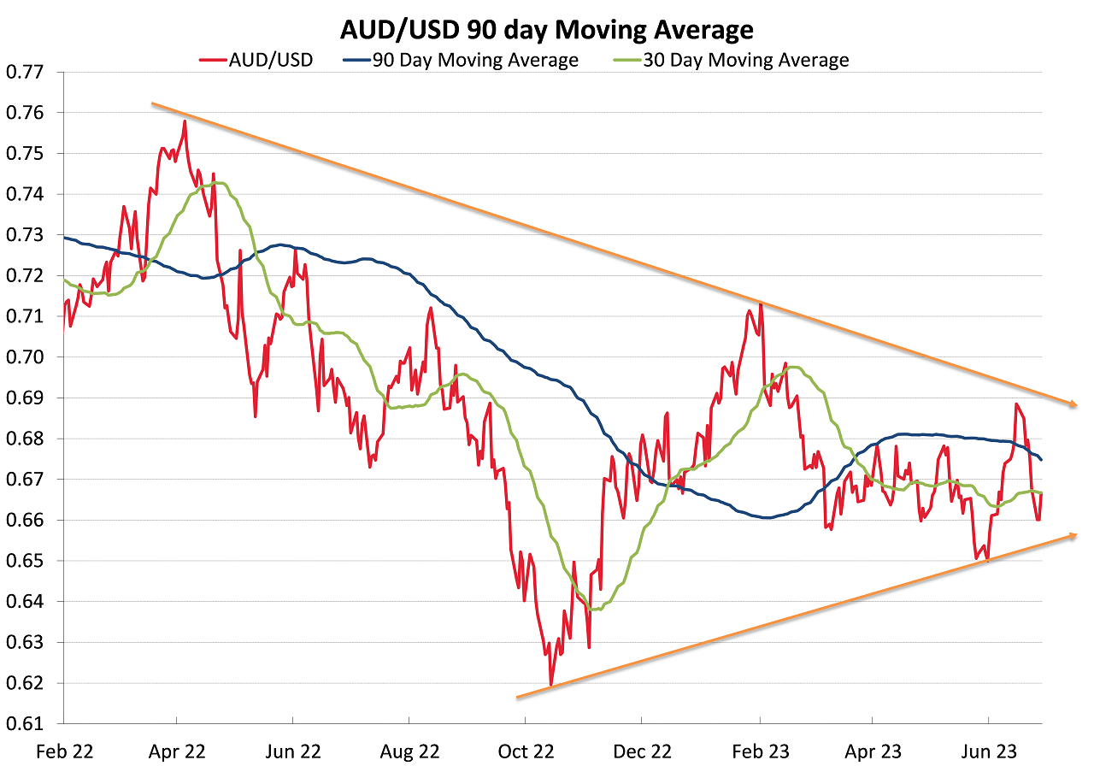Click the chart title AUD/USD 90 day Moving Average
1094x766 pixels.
click(547, 30)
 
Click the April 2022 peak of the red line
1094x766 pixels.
click(185, 121)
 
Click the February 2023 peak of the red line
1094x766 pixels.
click(761, 304)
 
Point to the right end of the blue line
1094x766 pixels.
click(1041, 460)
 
